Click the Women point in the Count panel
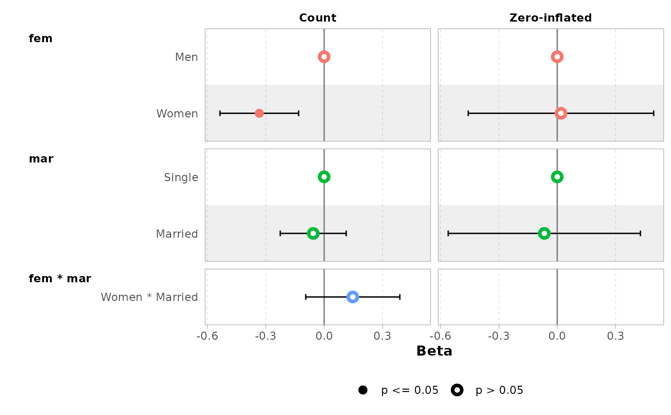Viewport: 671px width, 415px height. coord(259,113)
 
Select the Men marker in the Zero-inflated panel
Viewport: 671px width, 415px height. coord(557,57)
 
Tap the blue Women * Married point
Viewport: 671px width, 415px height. coord(353,297)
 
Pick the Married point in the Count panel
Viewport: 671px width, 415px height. coord(313,233)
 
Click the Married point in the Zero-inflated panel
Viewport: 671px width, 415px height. coord(544,233)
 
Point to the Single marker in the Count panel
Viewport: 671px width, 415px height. coord(324,177)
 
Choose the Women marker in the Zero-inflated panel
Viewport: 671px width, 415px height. coord(561,113)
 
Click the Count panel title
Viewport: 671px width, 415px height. coord(317,18)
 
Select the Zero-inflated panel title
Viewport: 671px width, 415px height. coord(550,18)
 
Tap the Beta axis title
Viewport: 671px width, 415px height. coord(434,351)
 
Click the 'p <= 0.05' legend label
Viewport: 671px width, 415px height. coord(410,391)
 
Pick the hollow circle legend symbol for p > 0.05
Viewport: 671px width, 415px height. coord(457,390)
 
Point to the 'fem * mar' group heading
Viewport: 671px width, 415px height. coord(60,278)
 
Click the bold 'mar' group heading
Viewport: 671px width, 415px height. coord(41,159)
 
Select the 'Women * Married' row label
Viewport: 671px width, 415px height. coord(149,297)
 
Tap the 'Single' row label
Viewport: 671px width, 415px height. coord(181,177)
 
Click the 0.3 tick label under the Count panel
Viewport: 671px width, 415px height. coord(382,337)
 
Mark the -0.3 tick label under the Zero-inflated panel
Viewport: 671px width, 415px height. coord(498,337)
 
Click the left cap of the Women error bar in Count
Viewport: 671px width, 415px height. coord(220,113)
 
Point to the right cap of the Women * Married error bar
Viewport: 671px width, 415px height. coord(400,297)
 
